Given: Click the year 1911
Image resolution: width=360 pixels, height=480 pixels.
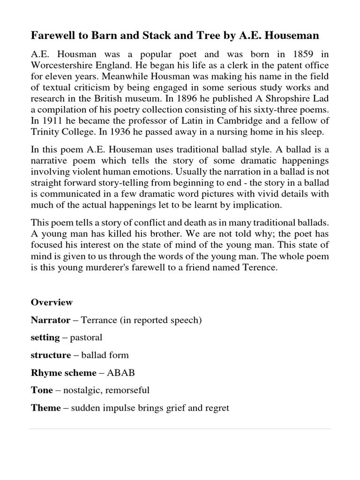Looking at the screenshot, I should tap(53, 121).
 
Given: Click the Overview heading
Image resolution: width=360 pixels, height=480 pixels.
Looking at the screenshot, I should tap(52, 302).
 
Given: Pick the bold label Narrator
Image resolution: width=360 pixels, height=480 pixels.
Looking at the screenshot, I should tap(50, 320).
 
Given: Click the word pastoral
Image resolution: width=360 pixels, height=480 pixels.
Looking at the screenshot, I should tap(85, 337).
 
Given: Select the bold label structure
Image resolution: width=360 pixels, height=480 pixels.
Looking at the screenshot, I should tap(51, 355).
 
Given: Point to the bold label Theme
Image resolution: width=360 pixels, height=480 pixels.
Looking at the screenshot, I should tap(45, 408).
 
